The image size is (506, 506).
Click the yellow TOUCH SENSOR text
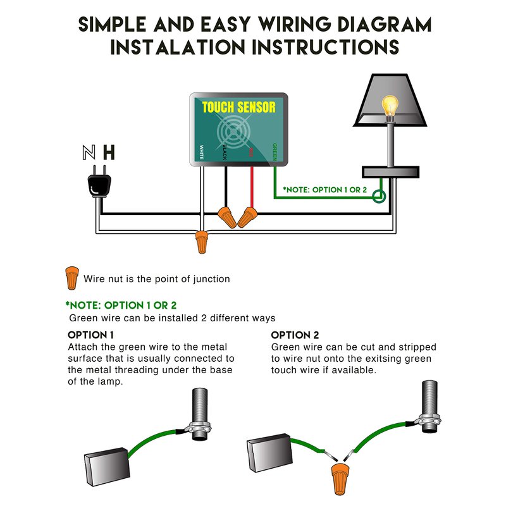click(239, 108)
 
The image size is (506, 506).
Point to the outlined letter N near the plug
click(89, 152)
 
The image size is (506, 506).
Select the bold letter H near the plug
click(109, 152)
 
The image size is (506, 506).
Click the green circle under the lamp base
click(379, 197)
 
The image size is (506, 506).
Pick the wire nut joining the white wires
click(201, 241)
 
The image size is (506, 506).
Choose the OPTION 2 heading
click(295, 335)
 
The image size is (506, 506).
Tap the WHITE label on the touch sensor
click(201, 152)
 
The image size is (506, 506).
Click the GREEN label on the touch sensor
click(275, 152)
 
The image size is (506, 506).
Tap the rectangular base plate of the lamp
click(390, 171)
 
